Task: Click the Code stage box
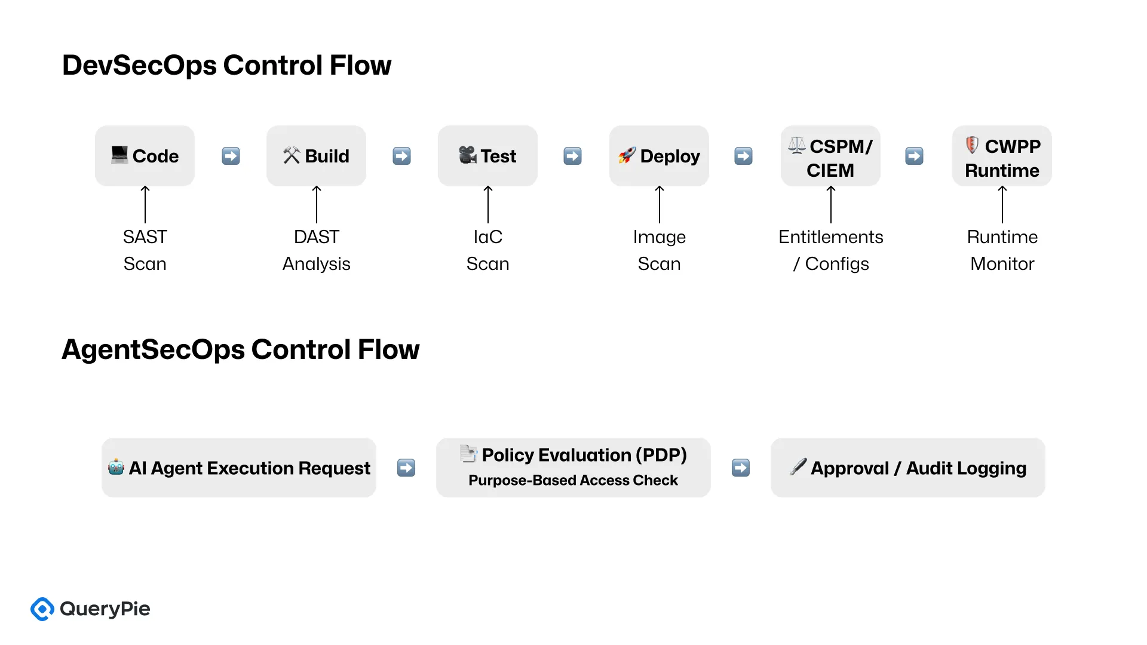point(145,156)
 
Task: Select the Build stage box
point(316,156)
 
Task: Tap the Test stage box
point(487,156)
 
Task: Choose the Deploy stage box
point(659,156)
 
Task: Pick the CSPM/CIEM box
point(830,156)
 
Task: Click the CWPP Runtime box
point(1002,156)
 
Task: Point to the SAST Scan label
point(145,250)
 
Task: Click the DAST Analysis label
point(316,250)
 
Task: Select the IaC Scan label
point(487,250)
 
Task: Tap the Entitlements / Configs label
point(830,250)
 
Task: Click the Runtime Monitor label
point(1002,250)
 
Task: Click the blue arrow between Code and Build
point(231,156)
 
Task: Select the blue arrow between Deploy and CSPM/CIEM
point(743,156)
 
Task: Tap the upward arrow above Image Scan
point(659,204)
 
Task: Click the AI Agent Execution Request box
point(239,468)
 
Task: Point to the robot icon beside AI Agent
point(116,467)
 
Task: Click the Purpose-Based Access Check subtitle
point(573,481)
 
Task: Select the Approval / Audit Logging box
point(907,468)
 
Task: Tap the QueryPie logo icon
point(42,609)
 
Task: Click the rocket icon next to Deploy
point(627,155)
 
